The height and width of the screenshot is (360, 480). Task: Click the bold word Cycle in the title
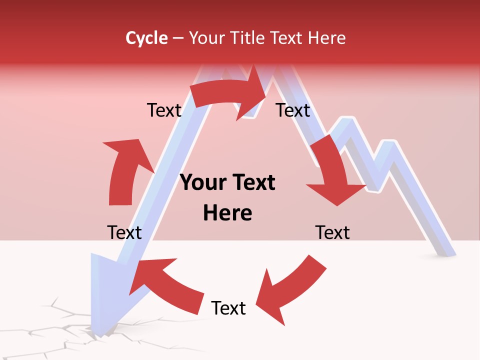[146, 38]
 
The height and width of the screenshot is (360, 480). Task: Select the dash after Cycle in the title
[177, 38]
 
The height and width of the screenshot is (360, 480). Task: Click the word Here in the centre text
[227, 213]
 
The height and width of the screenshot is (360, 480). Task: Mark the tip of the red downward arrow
[337, 205]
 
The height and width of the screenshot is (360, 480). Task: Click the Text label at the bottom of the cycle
[228, 308]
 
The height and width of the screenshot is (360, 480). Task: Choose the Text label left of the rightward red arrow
[164, 110]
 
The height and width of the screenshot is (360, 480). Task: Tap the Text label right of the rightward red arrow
[293, 110]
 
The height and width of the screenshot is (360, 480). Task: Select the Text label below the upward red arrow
[124, 232]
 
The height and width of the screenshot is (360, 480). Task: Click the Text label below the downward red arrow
[332, 232]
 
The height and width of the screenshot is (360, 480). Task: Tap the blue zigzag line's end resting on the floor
[445, 250]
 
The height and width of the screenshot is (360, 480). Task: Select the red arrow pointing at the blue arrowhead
[165, 280]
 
